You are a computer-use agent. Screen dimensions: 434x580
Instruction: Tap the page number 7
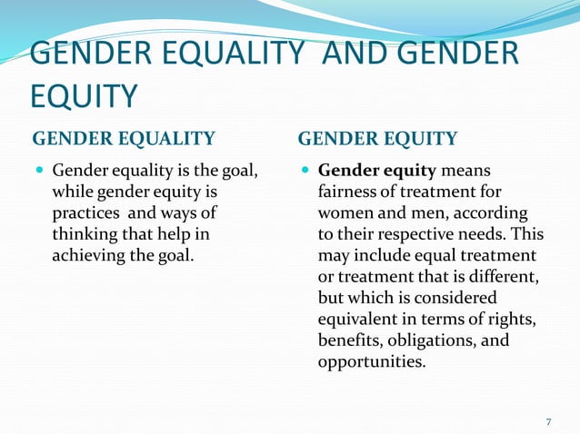pos(548,421)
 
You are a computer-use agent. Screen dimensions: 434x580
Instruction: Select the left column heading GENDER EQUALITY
pos(124,138)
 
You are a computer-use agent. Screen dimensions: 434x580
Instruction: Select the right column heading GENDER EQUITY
pos(377,138)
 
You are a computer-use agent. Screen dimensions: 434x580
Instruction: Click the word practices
pos(86,212)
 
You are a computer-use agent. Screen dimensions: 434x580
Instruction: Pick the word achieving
pos(90,254)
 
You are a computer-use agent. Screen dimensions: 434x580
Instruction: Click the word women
pos(345,212)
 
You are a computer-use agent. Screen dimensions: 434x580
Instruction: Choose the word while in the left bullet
pos(73,192)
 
